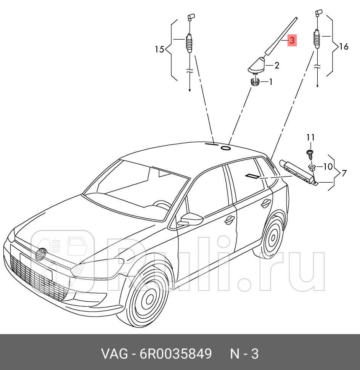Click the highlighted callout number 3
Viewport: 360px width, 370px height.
291,41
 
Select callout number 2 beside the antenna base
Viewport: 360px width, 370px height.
276,66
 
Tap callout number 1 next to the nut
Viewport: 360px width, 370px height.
271,82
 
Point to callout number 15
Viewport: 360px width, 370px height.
159,49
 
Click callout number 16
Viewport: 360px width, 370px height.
343,47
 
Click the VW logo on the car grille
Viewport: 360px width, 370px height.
40,254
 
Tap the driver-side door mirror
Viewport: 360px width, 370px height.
190,219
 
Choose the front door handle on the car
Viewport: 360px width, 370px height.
230,220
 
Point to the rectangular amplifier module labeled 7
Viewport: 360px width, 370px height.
297,171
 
